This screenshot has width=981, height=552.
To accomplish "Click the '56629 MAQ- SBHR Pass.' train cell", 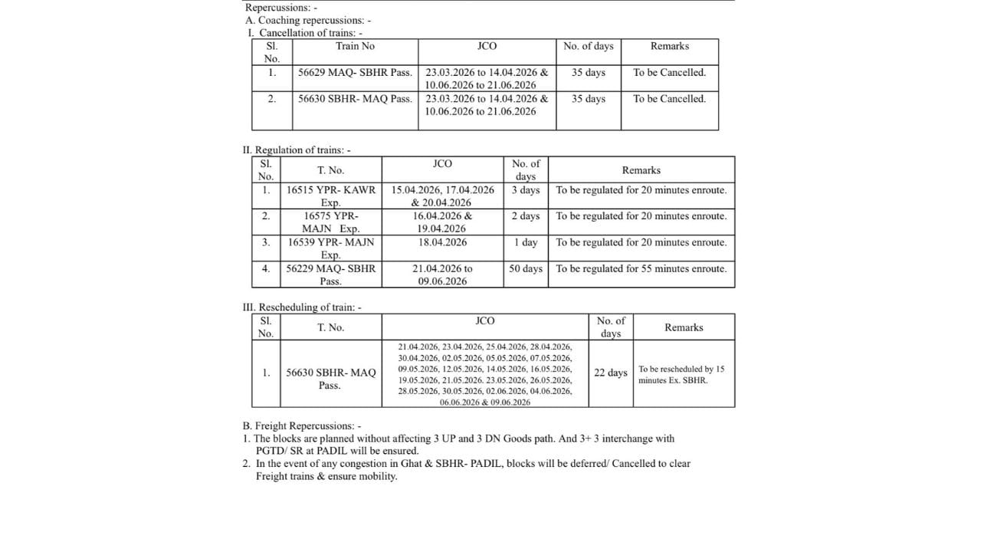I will tap(355, 73).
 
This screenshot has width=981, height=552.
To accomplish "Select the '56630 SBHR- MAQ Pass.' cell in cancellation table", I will tap(355, 99).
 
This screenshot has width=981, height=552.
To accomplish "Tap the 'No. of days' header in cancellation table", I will tap(588, 46).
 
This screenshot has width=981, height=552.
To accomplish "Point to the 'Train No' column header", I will tap(355, 46).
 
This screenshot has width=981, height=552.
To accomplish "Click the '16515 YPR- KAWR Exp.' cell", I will tap(331, 196).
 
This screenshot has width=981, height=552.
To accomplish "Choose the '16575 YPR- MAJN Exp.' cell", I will tap(331, 222).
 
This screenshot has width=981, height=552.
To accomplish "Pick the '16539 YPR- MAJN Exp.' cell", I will tap(331, 248).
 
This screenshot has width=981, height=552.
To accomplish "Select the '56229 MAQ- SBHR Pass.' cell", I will tap(331, 274).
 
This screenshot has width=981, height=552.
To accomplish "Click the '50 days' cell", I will tap(526, 269).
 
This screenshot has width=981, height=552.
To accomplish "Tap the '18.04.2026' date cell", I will tap(442, 242).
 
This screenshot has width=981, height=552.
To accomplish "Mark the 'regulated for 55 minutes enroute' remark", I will tap(641, 269).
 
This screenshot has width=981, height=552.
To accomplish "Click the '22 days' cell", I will tap(610, 373).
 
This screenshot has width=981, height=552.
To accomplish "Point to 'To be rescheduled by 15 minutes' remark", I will tap(681, 374).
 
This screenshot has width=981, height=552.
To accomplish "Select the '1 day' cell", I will tap(526, 242).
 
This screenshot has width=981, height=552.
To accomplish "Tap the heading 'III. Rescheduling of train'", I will tap(301, 307).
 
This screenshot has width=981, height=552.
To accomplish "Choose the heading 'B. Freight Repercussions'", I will tap(301, 426).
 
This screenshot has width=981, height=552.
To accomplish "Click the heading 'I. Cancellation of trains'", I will tap(305, 33).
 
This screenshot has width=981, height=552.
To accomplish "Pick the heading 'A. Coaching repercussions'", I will tap(307, 21).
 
